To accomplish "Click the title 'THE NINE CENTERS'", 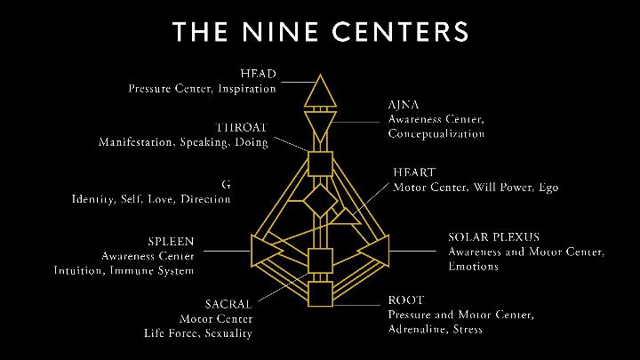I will click(320, 33).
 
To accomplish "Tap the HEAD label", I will click(258, 72).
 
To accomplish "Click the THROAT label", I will click(242, 127).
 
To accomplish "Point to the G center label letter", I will click(227, 184).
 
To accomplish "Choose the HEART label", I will click(414, 172).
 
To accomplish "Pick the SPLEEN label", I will click(171, 240).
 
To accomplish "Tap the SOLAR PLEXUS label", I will click(493, 237).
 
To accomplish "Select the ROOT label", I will click(405, 300).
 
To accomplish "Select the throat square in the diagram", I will click(319, 164).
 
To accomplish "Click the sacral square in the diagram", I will click(319, 260).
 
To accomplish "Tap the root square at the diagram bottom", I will click(319, 292).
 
